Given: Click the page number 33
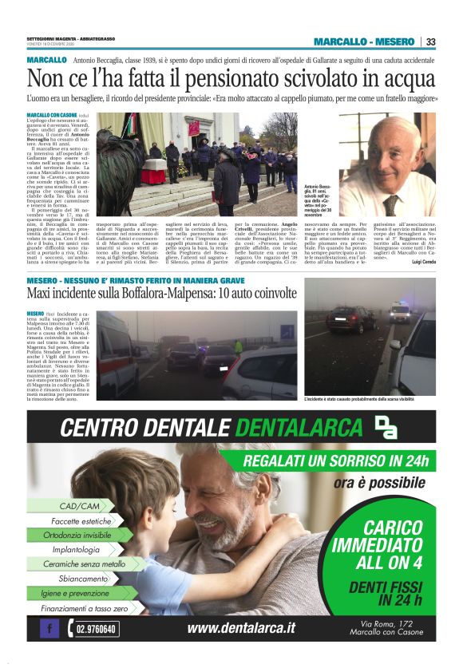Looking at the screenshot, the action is click(432, 42).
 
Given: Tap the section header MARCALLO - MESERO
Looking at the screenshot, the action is click(364, 42).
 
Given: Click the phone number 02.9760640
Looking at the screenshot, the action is click(97, 629).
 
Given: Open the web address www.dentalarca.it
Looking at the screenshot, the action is click(241, 628).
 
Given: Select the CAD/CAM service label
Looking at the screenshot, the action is click(80, 506).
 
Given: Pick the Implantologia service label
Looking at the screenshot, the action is click(76, 549).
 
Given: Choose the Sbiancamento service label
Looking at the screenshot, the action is click(82, 579).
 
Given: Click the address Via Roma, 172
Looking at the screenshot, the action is click(386, 623).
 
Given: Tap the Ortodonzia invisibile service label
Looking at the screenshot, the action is click(77, 535).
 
